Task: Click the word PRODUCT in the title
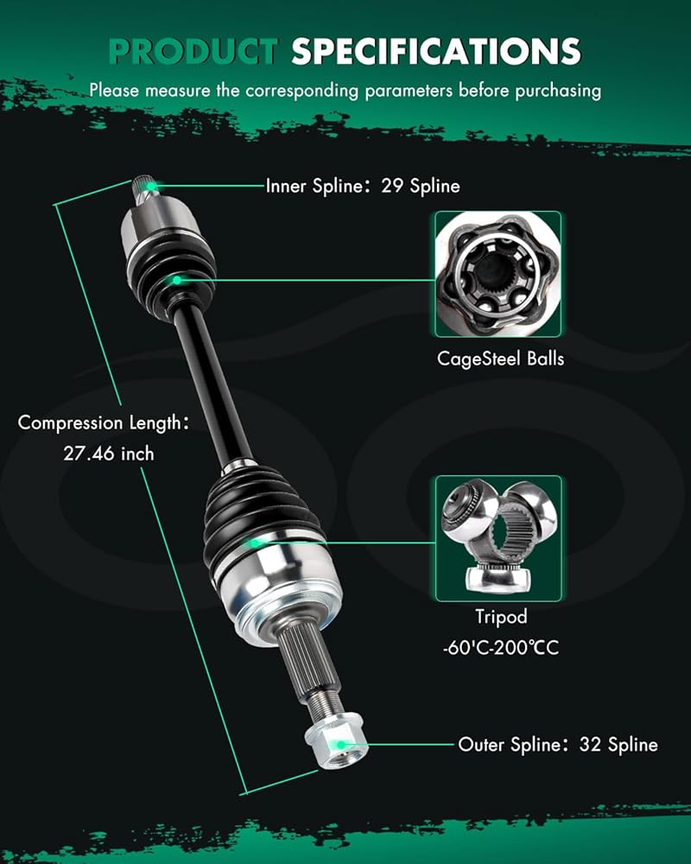point(193,52)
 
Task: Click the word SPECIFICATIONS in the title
point(436,52)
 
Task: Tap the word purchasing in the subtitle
point(558,91)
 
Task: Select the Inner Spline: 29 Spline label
point(363,186)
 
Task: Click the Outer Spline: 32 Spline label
point(558,745)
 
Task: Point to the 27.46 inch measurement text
point(109,454)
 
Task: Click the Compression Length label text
point(103,422)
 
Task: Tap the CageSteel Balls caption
point(500,359)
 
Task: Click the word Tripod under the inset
point(501,617)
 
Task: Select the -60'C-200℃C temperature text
point(500,647)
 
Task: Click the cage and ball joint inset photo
point(498,275)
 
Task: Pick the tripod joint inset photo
point(498,538)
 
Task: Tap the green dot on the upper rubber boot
point(176,280)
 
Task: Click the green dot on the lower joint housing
point(255,543)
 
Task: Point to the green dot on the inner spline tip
point(151,186)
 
